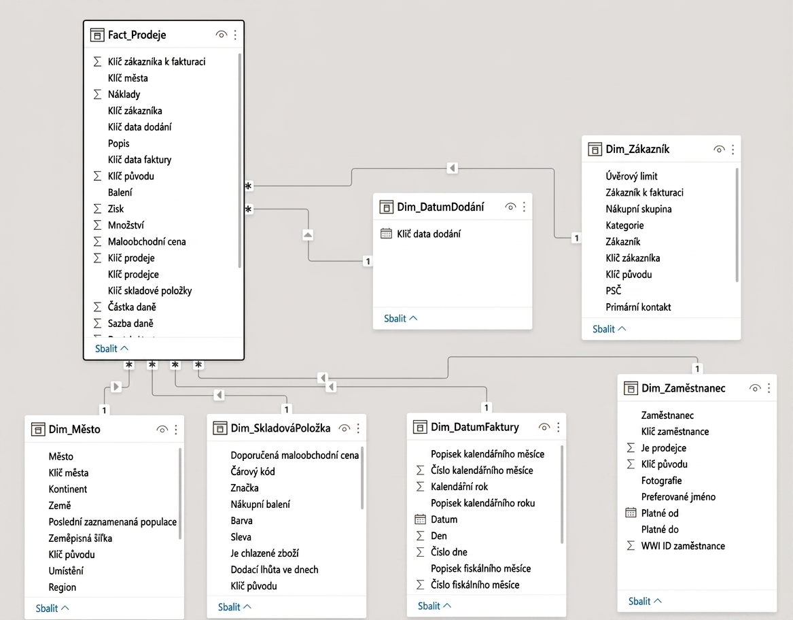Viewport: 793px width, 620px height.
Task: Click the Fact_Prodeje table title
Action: point(137,35)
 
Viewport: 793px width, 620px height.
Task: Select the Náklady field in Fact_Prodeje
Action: point(124,94)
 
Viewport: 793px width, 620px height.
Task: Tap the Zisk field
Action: point(116,209)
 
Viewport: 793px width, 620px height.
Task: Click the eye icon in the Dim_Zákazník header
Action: point(719,150)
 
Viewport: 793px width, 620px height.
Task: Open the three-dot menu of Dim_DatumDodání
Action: point(524,207)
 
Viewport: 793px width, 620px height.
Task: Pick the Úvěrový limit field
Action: point(632,176)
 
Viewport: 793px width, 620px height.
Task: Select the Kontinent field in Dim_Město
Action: point(68,489)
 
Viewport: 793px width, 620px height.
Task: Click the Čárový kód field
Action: point(253,472)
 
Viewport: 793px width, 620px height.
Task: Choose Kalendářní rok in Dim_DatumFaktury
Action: point(459,486)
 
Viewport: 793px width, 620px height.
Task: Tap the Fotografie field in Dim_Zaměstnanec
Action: point(661,481)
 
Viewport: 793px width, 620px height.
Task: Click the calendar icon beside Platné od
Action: point(631,513)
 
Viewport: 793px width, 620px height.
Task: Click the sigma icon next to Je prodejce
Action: point(631,447)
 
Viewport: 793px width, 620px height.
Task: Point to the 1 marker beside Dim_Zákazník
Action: point(576,238)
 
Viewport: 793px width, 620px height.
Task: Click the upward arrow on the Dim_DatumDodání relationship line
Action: point(308,235)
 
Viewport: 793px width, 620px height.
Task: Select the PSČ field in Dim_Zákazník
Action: point(614,290)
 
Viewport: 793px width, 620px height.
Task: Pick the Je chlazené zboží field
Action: point(264,553)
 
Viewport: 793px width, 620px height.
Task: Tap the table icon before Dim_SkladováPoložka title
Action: point(220,428)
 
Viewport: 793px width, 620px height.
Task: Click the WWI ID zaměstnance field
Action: point(683,546)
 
